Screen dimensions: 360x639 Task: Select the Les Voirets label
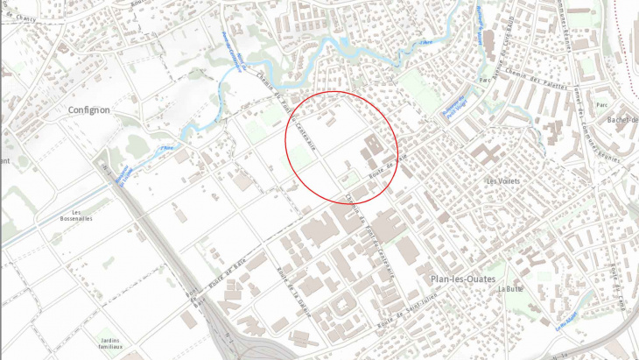tap(502, 181)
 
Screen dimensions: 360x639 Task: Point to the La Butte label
tap(509, 289)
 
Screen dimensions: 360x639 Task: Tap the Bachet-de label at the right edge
tap(622, 119)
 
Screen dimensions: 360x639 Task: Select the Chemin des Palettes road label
tap(530, 80)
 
